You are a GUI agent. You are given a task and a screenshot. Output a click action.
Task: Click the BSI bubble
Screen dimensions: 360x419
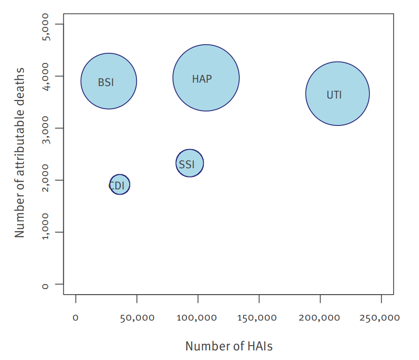coord(109,81)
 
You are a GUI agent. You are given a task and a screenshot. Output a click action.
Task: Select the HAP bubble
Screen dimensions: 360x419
coord(206,78)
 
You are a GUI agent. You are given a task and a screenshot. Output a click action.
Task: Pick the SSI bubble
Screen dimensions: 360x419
coord(190,163)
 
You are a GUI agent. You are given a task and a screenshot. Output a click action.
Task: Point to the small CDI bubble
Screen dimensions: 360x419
coord(120,185)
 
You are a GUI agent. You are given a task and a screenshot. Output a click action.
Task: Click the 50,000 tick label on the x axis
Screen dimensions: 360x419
coord(137,318)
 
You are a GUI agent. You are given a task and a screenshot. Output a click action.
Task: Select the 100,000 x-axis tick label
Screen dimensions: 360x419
coord(198,318)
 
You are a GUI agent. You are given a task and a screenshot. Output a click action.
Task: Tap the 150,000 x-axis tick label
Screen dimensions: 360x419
coord(259,318)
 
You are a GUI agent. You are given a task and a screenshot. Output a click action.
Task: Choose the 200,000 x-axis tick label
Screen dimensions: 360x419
coord(320,318)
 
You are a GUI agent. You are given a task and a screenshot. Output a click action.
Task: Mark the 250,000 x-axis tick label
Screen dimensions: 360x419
coord(382,318)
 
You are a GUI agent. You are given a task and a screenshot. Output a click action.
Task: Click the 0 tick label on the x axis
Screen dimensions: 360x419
coord(75,318)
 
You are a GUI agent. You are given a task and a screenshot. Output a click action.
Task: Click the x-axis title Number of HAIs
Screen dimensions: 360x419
coord(229,346)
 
